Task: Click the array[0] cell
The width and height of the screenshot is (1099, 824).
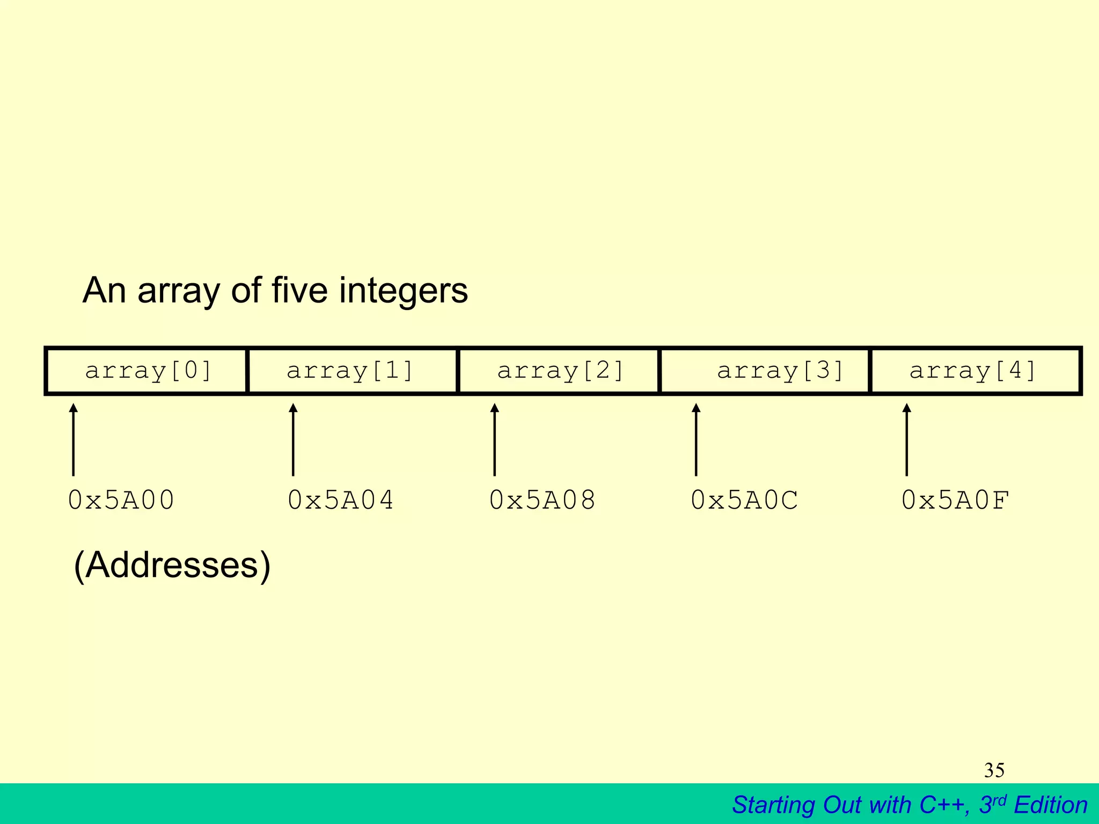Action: (147, 371)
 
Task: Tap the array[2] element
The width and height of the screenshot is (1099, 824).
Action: (559, 371)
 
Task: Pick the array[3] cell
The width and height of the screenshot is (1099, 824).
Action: (765, 371)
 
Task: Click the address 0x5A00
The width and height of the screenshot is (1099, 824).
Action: (121, 500)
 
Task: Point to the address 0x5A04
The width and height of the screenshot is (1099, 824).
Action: (341, 500)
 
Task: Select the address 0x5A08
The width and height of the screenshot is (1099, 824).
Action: (543, 500)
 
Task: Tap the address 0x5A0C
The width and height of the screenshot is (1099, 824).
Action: (744, 500)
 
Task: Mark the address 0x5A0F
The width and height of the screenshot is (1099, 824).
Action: (955, 500)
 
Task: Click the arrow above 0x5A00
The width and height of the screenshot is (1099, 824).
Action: (74, 439)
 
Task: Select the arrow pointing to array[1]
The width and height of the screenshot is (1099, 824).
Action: (293, 439)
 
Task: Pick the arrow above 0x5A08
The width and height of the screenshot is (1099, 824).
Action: (495, 439)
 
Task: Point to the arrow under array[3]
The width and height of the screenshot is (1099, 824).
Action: (696, 439)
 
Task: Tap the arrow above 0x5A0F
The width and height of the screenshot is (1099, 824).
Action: (907, 439)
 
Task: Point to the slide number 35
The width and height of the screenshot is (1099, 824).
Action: (994, 770)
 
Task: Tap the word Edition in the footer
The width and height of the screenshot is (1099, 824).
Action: (1051, 805)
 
